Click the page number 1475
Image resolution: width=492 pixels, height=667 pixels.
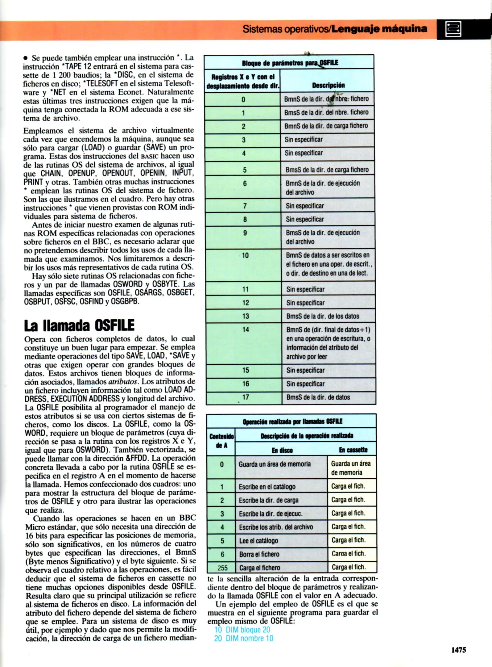458,650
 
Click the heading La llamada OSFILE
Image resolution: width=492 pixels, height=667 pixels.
79,325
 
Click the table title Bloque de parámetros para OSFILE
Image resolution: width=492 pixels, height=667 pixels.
290,63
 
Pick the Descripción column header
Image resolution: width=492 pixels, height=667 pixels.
328,85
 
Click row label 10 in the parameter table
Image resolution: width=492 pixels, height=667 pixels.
245,256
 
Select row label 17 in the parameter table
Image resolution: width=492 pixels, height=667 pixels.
246,397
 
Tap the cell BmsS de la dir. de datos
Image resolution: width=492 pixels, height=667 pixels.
318,397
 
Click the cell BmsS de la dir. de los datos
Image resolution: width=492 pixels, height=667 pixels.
323,316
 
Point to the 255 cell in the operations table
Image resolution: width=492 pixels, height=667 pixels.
222,568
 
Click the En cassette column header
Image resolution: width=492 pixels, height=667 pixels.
353,450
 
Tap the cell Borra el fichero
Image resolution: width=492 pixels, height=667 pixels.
259,554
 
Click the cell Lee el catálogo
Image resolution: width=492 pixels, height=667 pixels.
258,541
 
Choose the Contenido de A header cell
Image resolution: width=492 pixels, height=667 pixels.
221,441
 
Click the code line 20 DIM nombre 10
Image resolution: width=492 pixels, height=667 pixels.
244,638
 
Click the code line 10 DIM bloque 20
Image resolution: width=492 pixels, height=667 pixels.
242,630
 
